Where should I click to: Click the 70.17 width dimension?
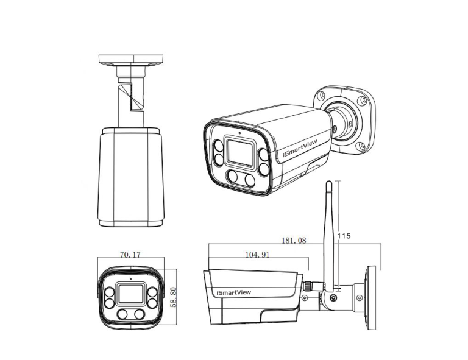[130, 255]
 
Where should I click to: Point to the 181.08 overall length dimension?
[294, 241]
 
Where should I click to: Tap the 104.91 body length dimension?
[257, 255]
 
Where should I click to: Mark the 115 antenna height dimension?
[345, 235]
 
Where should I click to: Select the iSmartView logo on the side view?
[233, 292]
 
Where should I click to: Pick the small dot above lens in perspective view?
[239, 132]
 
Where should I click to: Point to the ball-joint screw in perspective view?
[334, 129]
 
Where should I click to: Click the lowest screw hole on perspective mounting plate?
[361, 146]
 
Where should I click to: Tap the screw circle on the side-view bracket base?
[360, 298]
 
